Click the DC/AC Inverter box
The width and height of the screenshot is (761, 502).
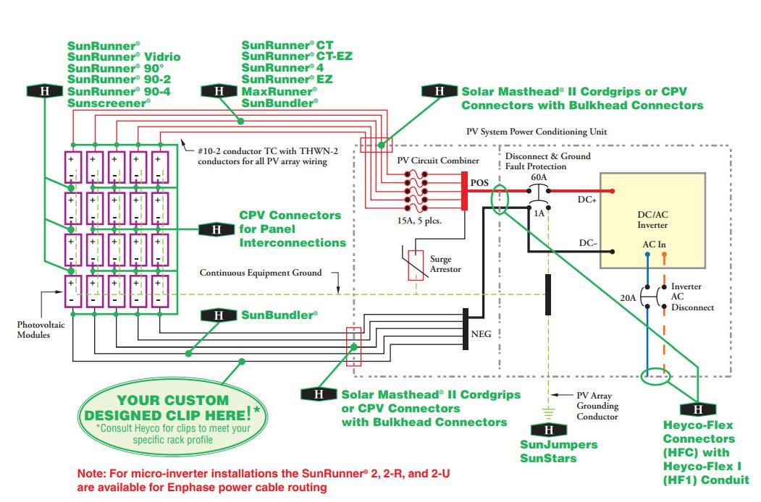(x=652, y=220)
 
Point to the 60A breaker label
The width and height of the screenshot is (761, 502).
(x=539, y=176)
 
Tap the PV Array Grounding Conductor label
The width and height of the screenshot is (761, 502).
(x=597, y=406)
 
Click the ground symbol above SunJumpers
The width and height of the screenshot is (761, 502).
(x=549, y=413)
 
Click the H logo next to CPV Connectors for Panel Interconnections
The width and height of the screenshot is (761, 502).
(x=216, y=229)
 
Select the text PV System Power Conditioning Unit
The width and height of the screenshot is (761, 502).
(x=537, y=132)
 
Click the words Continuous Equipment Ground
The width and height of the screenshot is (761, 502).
(x=261, y=273)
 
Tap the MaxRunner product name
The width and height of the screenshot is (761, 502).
(x=279, y=92)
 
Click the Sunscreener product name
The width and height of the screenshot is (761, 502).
(x=109, y=103)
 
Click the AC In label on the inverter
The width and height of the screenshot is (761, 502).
(x=654, y=244)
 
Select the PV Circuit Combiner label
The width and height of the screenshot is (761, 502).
(x=437, y=160)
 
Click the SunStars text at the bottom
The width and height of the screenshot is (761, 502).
(x=547, y=458)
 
